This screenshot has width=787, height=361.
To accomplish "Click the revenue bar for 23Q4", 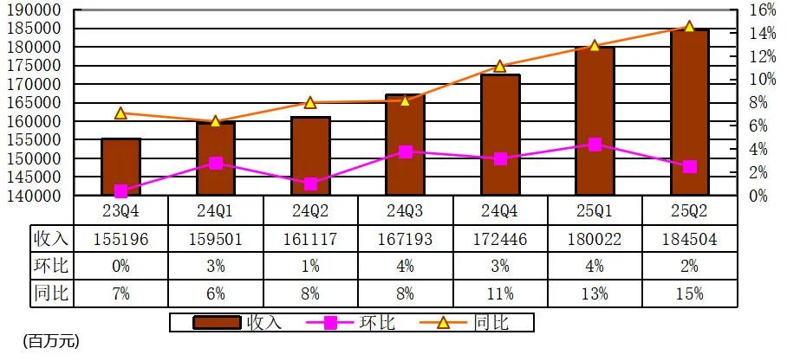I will (120, 166).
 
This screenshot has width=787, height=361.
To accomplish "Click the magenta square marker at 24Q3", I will (406, 151).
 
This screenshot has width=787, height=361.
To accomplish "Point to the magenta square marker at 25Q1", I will (595, 145).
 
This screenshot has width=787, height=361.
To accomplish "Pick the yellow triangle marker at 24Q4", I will (500, 67).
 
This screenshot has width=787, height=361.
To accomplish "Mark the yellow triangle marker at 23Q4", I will (120, 113).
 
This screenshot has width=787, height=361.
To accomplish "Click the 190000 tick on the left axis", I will (37, 10).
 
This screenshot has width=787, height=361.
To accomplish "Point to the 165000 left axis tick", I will (37, 103).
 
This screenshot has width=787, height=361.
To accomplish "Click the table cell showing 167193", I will (406, 237).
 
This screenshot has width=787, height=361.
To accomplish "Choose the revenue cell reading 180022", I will (595, 237).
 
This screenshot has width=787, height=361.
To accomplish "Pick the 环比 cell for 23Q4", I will (120, 265).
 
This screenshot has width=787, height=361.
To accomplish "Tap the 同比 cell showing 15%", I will (690, 293).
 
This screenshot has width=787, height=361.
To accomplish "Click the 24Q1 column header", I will (215, 210).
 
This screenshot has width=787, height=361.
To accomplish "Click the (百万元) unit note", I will (51, 342).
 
